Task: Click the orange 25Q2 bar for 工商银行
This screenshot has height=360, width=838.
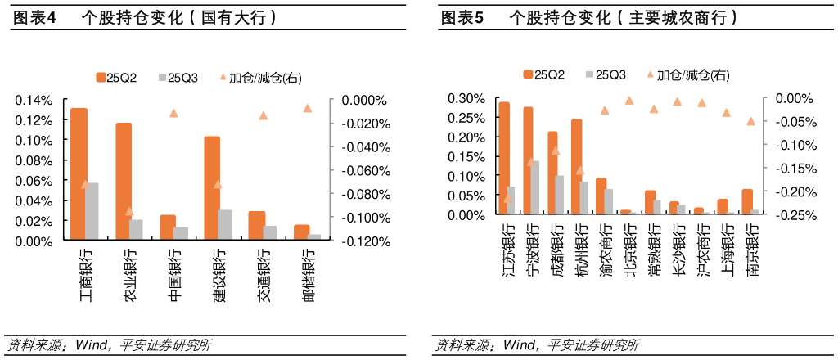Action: [79, 173]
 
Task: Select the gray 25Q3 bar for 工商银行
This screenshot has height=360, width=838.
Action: [92, 211]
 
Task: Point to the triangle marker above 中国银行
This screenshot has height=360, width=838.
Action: [173, 113]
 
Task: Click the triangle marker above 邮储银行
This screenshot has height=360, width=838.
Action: [308, 108]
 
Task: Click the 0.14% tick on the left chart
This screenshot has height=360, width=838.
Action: [34, 101]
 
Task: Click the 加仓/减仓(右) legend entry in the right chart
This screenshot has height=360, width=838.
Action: [687, 75]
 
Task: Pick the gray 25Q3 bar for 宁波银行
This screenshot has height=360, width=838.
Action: [535, 187]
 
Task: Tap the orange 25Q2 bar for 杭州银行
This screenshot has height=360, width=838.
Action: [577, 167]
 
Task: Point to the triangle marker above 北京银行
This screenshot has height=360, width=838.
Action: [629, 101]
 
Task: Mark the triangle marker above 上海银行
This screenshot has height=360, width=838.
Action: [726, 113]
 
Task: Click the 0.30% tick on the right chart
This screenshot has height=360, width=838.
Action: [466, 98]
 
